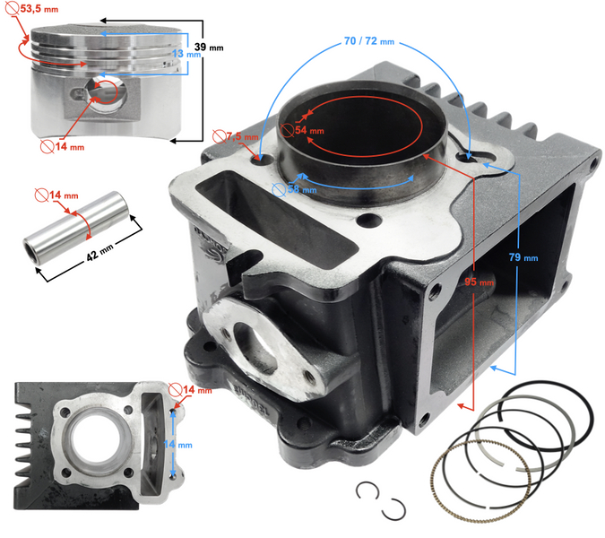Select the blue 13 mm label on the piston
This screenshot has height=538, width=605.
click(x=185, y=54)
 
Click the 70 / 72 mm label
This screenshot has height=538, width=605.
click(x=367, y=41)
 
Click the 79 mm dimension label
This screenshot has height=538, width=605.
click(x=525, y=256)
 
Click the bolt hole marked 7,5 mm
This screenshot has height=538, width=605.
click(x=263, y=161)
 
